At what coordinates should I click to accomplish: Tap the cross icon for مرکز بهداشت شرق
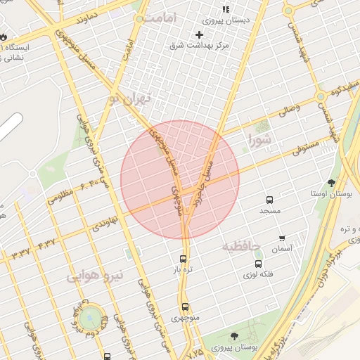[x=199, y=34]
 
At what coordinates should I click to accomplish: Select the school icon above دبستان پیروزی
[x=226, y=9]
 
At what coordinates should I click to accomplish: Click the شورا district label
[x=259, y=141]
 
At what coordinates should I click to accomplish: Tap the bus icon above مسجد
[x=269, y=200]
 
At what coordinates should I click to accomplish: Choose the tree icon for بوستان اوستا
[x=331, y=183]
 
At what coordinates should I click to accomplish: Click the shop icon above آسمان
[x=282, y=238]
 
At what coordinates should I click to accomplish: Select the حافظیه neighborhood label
[x=241, y=247]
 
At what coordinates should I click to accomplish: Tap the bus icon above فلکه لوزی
[x=259, y=264]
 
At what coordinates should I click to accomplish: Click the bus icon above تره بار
[x=184, y=258]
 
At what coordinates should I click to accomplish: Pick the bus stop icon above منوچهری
[x=185, y=307]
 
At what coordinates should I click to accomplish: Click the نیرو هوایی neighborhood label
[x=96, y=276]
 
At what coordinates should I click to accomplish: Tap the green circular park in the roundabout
[x=89, y=317]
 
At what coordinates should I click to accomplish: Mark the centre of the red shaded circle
[x=180, y=180]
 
